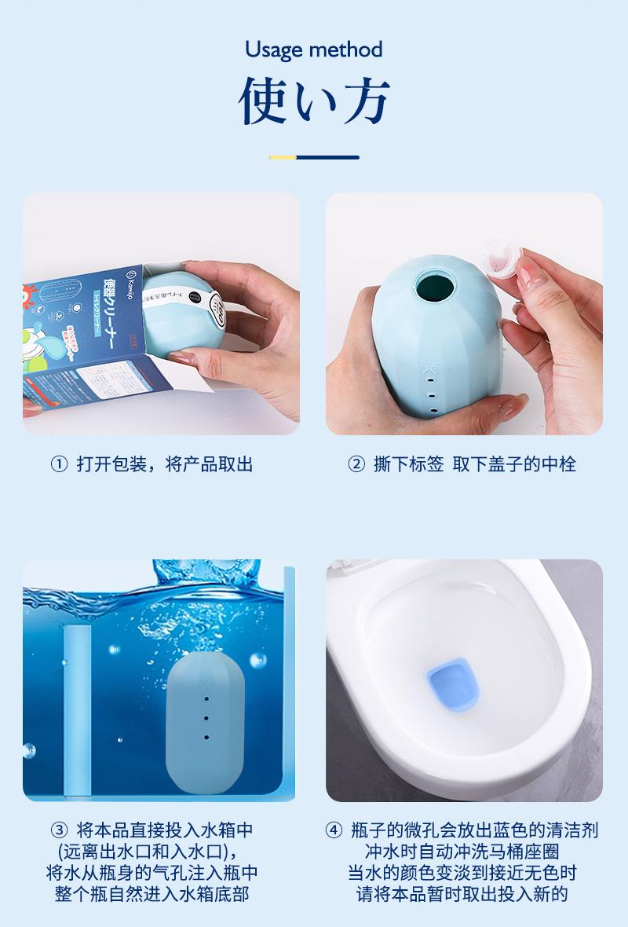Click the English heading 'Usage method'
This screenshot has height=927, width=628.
(313, 50)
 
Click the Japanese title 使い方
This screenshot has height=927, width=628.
(313, 101)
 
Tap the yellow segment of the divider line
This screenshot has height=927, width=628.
(283, 157)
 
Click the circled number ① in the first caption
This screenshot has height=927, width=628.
(59, 464)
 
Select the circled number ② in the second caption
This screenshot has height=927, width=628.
(356, 464)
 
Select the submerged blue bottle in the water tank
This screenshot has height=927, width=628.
(206, 724)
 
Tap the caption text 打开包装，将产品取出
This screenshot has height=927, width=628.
(165, 464)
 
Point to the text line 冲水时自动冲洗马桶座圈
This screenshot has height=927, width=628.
(462, 852)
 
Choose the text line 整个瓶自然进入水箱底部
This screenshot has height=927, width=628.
(153, 894)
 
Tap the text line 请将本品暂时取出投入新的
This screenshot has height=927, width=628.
(462, 894)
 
